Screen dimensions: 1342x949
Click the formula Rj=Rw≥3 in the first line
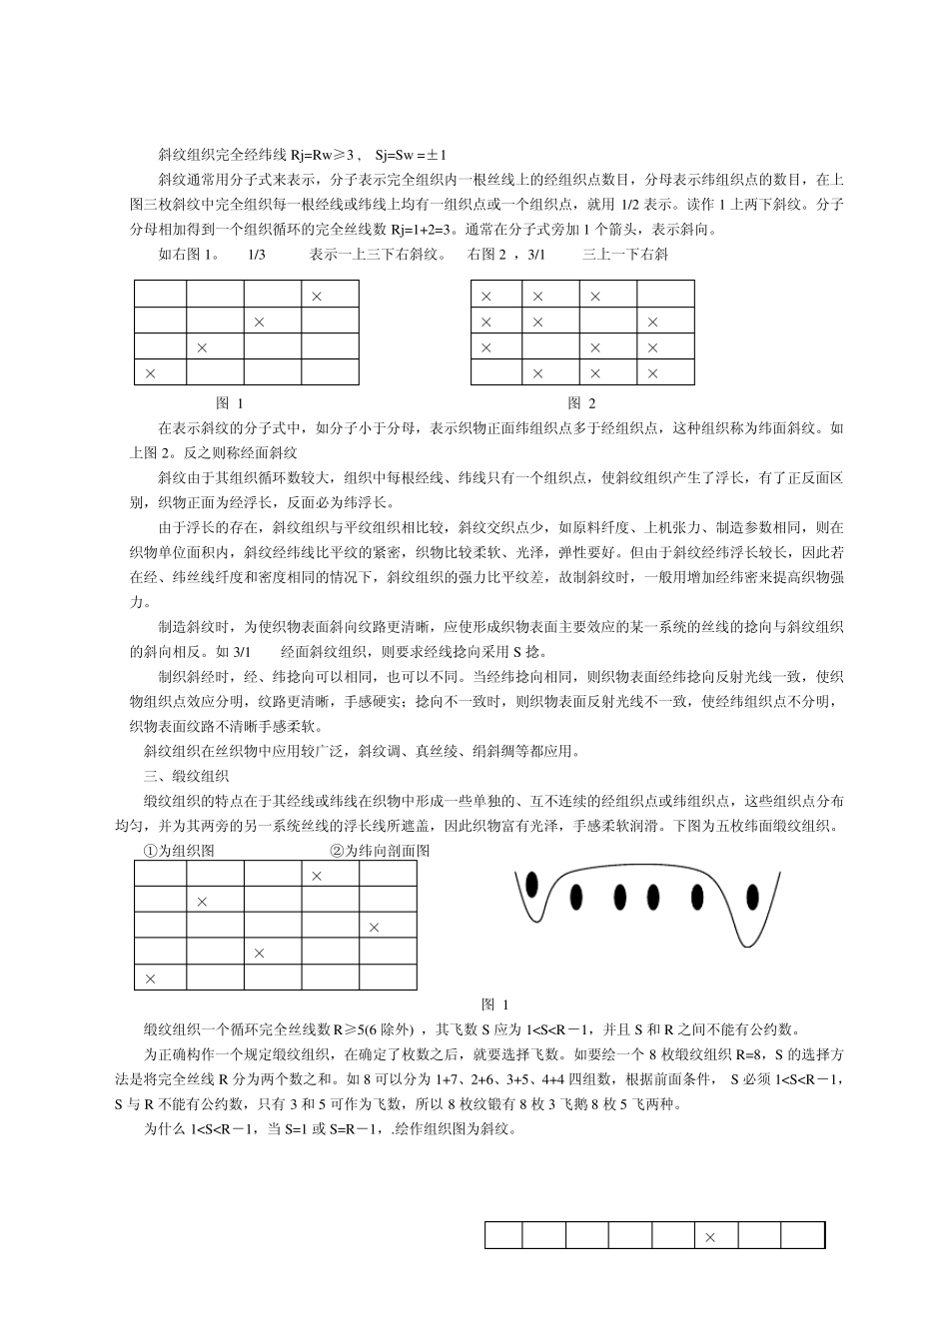[323, 155]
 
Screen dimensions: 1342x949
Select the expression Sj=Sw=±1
[411, 155]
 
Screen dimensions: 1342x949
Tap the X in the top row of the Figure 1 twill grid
[316, 296]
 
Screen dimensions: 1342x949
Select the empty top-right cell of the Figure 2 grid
[665, 296]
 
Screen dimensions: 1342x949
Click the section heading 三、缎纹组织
[187, 776]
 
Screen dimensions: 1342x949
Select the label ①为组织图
[179, 851]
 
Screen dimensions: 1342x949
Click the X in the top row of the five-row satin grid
[317, 876]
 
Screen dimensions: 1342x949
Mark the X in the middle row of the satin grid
[375, 928]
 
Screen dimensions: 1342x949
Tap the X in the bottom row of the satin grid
[151, 979]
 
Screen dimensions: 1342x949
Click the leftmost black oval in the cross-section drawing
[531, 884]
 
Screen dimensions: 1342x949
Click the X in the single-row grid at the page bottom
[710, 1237]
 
